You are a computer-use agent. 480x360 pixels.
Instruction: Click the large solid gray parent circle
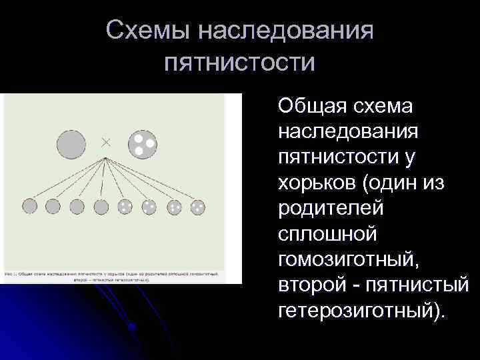(71, 144)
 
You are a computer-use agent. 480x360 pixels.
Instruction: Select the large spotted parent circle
(142, 143)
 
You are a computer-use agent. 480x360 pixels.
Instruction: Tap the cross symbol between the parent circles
(105, 141)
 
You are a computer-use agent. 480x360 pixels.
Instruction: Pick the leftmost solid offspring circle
(30, 207)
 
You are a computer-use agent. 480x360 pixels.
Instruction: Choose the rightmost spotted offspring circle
(199, 207)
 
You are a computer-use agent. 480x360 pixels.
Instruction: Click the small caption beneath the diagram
(113, 276)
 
